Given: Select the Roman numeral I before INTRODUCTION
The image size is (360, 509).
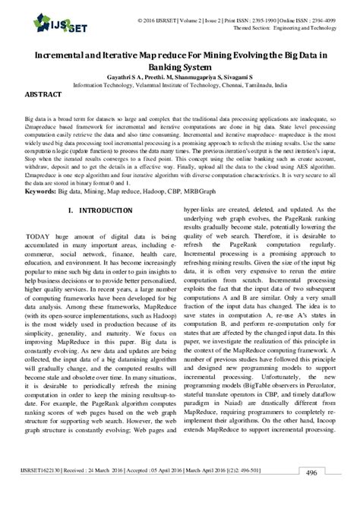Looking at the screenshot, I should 70,209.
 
